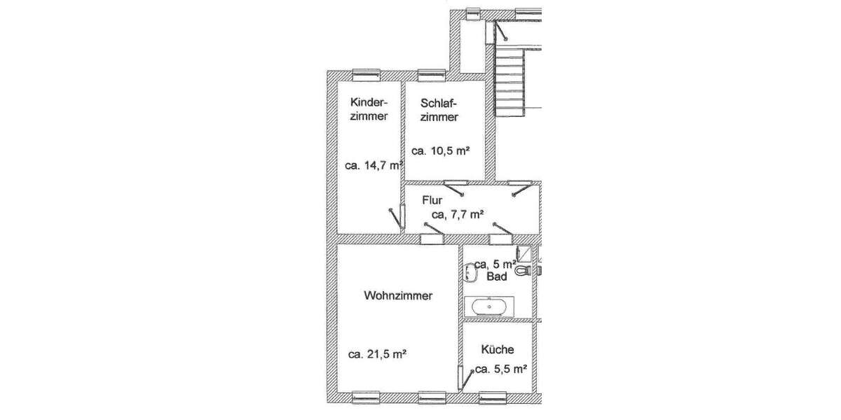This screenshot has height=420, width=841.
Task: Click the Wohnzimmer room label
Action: (397, 296)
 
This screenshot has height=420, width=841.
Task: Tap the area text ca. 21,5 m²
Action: (378, 354)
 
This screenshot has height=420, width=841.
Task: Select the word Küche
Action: (498, 349)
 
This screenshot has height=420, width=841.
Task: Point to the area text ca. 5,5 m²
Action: (500, 369)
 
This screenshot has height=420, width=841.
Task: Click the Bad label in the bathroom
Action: (497, 277)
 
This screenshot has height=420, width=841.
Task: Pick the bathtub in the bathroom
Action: (489, 306)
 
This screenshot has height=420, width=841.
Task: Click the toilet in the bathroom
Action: (522, 269)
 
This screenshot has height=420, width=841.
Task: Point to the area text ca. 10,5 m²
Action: (440, 150)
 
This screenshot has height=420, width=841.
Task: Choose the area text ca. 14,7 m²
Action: (374, 166)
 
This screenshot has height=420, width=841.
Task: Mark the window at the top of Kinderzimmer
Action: (366, 73)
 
